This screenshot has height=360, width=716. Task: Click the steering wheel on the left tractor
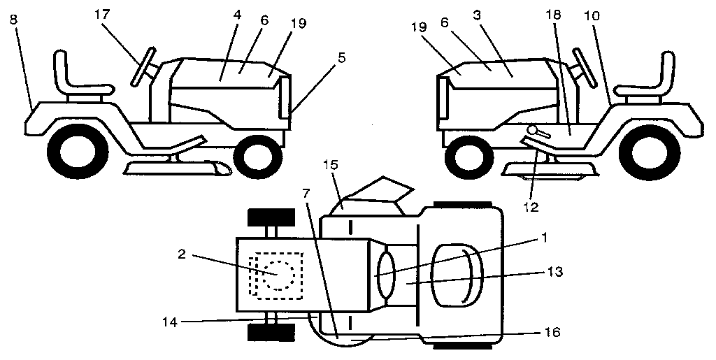coord(142,67)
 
